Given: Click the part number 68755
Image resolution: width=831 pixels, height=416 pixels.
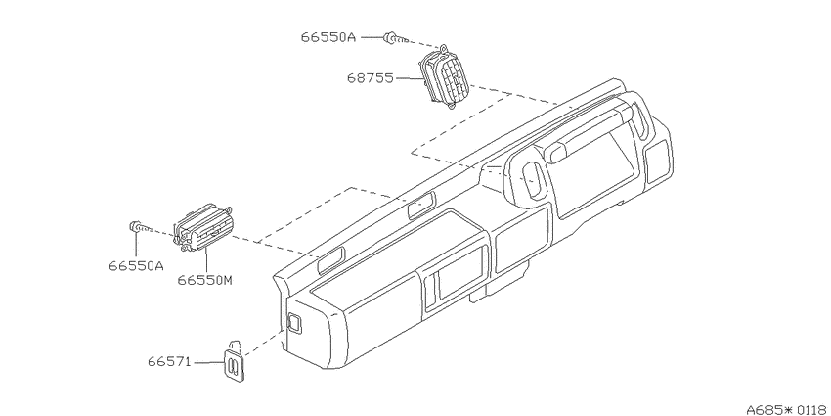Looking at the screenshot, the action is click(370, 78).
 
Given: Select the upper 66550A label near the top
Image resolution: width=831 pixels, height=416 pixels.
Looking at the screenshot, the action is click(328, 37).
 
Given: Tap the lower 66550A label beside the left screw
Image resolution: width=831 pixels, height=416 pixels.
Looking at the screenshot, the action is click(137, 266).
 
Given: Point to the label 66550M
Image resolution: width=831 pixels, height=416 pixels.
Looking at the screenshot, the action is click(204, 280).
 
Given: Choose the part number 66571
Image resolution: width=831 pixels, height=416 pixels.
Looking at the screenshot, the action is click(168, 362).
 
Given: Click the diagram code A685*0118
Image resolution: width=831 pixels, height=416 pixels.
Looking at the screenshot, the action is click(788, 409).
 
